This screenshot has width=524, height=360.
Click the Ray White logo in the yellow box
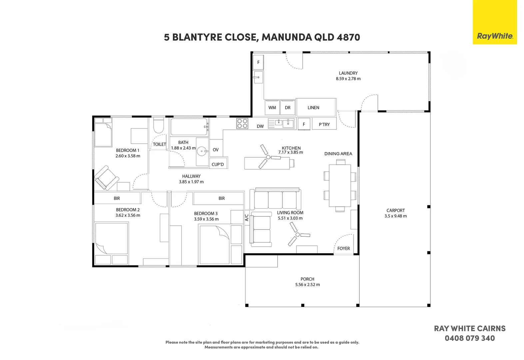click(495, 36)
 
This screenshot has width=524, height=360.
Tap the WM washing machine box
click(272, 107)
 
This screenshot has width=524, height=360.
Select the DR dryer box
click(288, 107)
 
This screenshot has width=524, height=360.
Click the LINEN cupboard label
click(313, 107)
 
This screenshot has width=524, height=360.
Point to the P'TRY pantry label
click(324, 124)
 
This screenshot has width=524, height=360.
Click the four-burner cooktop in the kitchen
click(242, 123)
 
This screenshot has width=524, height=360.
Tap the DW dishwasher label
click(260, 126)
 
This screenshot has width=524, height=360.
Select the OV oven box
click(216, 150)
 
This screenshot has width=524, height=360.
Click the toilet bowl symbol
click(158, 126)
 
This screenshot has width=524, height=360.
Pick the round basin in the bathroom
click(202, 151)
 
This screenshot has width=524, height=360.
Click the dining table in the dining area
click(340, 186)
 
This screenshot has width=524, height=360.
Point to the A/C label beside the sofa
click(247, 218)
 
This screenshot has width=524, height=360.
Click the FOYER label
click(343, 248)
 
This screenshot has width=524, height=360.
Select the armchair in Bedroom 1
click(107, 178)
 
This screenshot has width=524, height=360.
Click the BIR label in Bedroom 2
click(117, 198)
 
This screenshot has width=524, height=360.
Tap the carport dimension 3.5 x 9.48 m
click(395, 216)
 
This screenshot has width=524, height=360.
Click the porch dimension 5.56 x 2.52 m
click(307, 285)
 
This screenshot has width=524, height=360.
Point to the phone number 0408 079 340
click(470, 338)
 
